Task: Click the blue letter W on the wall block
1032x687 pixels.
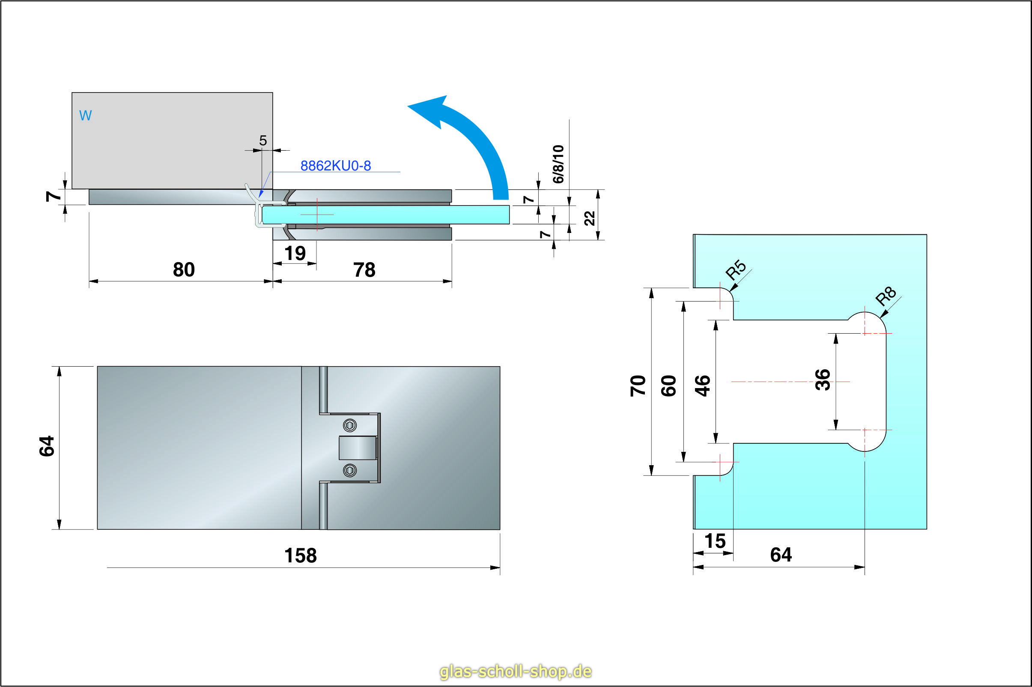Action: click(85, 115)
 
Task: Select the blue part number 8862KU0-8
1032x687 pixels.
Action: click(336, 166)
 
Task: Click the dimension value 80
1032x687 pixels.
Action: click(184, 269)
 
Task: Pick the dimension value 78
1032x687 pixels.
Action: click(364, 270)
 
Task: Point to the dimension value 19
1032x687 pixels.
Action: click(295, 253)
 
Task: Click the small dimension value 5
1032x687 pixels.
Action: click(262, 140)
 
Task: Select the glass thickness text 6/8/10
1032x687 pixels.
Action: click(558, 164)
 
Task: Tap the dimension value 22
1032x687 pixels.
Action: click(590, 218)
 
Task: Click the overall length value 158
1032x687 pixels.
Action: click(300, 556)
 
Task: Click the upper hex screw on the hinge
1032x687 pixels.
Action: click(349, 425)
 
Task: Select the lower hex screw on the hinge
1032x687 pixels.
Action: click(349, 471)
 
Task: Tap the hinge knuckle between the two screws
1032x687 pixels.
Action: click(358, 448)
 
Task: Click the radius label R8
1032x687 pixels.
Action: click(885, 296)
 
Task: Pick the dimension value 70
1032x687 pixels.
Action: click(638, 385)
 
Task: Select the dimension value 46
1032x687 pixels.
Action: click(702, 385)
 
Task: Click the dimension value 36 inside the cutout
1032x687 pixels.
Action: click(822, 379)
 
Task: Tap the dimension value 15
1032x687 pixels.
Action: click(715, 541)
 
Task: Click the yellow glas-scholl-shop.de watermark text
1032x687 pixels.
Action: click(516, 671)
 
